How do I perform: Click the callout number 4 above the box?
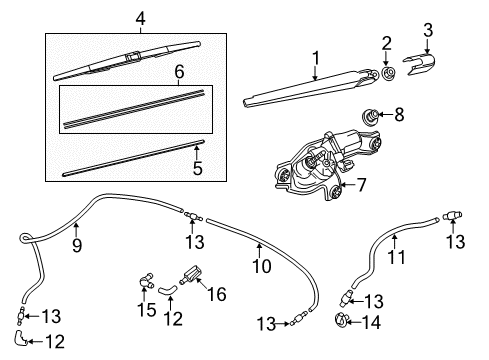[140, 19]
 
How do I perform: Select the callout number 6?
[179, 72]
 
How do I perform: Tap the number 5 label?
[198, 168]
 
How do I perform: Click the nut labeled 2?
[388, 74]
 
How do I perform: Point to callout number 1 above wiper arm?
[315, 58]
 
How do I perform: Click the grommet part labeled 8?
[370, 117]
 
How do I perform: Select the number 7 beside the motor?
[361, 185]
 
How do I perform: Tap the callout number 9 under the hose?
[77, 246]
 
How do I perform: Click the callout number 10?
[262, 266]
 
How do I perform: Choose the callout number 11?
[397, 257]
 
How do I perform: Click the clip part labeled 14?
[341, 319]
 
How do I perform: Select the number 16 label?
[217, 294]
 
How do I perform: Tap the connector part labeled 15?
[145, 280]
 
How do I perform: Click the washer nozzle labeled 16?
[191, 275]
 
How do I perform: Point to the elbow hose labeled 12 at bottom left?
[21, 337]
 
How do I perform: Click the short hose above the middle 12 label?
[167, 289]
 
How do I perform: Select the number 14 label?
[371, 323]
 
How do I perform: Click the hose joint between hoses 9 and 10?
[193, 216]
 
